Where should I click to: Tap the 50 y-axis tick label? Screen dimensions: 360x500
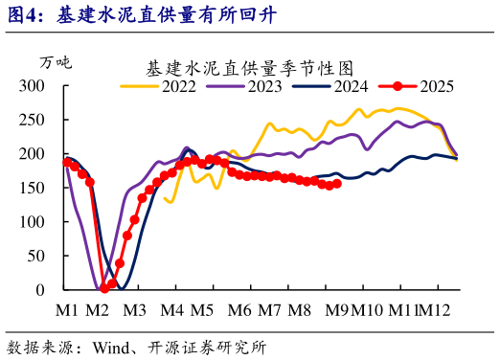pos(38,256)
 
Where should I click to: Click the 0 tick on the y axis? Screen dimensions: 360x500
pos(42,289)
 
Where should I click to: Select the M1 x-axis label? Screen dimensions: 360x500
pos(66,310)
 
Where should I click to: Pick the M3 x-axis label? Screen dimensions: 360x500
pos(132,310)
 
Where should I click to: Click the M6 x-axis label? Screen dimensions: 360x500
pos(239,310)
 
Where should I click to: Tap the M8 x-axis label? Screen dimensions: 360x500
pos(299,310)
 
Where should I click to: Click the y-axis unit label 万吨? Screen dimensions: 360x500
pos(55,62)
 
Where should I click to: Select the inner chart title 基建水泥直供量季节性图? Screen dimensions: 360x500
pos(250,69)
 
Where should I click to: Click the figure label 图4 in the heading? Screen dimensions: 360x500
pos(23,15)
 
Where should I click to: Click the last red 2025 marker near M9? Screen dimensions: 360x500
pos(336,183)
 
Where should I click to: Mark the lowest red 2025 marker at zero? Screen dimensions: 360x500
pos(103,288)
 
